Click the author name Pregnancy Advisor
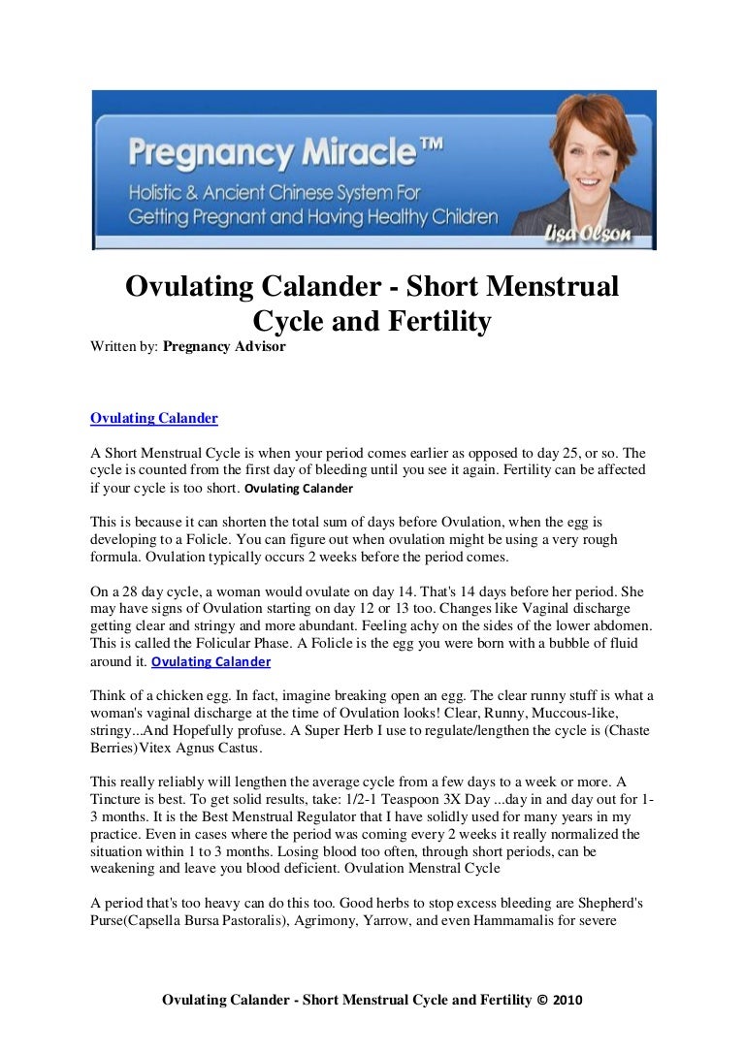click(224, 346)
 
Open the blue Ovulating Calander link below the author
click(153, 419)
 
